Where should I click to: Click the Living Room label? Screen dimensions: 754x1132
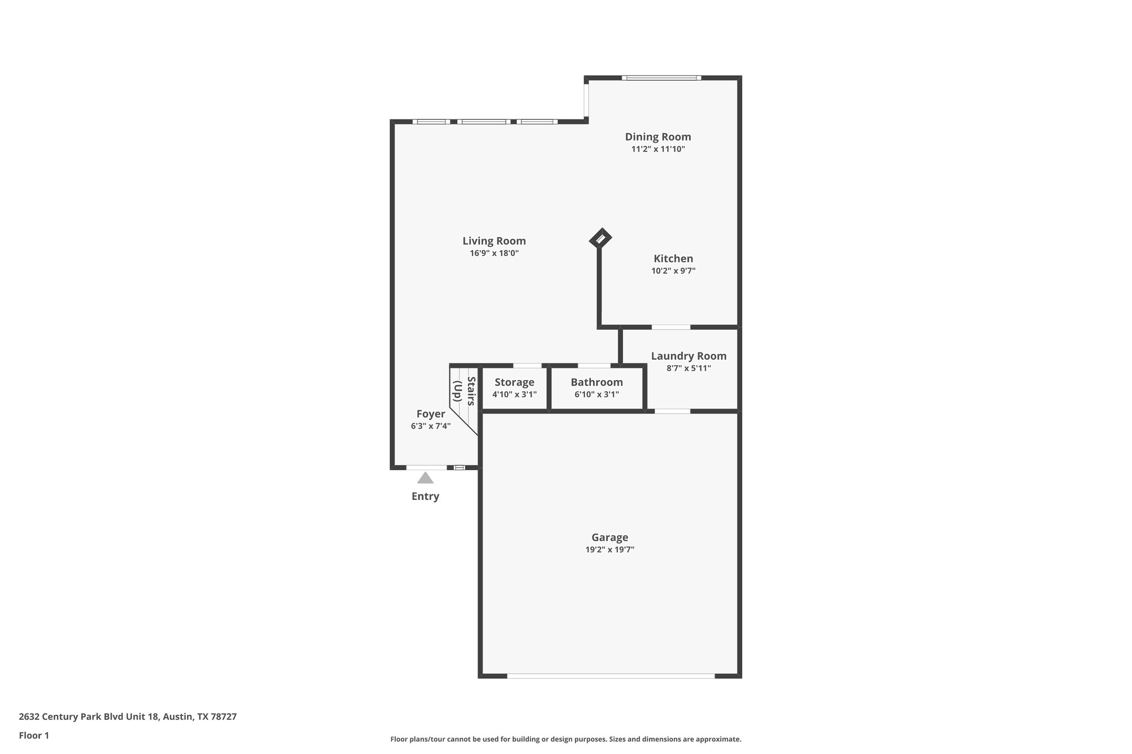pos(494,241)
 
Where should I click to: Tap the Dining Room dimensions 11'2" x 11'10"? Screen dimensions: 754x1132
pos(658,149)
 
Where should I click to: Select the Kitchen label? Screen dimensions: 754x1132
pos(673,259)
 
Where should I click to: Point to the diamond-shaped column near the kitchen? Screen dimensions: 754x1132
pos(600,239)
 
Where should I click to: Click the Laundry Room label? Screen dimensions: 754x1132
pos(688,356)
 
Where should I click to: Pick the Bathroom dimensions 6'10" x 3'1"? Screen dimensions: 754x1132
pos(596,394)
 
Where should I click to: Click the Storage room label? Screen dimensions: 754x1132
pos(514,382)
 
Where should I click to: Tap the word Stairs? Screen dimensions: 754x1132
pos(471,391)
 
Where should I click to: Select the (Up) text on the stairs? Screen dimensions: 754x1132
pos(458,391)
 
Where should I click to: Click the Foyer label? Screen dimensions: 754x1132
pos(431,414)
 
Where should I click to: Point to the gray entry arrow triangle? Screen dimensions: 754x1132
pos(425,478)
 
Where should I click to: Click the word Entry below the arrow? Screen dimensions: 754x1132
pos(425,496)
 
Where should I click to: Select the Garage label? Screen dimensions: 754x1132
pos(610,537)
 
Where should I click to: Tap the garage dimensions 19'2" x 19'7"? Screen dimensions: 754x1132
pos(610,550)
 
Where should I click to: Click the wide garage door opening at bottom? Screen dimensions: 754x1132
pos(610,676)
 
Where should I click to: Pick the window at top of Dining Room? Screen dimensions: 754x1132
pos(661,78)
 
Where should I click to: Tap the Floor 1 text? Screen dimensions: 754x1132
pos(34,735)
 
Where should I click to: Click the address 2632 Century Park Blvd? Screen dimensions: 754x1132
pos(89,716)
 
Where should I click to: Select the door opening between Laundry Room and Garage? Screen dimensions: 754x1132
pos(672,411)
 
